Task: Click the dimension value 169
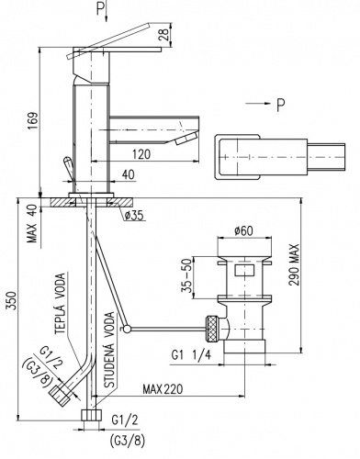pyautogui.click(x=33, y=121)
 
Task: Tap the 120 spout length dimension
pyautogui.click(x=142, y=154)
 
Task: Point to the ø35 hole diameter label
pyautogui.click(x=134, y=216)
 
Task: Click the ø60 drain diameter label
pyautogui.click(x=244, y=230)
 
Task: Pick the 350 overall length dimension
pyautogui.click(x=11, y=300)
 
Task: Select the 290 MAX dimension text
pyautogui.click(x=294, y=264)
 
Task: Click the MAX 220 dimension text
pyautogui.click(x=163, y=389)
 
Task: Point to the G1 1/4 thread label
pyautogui.click(x=191, y=355)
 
